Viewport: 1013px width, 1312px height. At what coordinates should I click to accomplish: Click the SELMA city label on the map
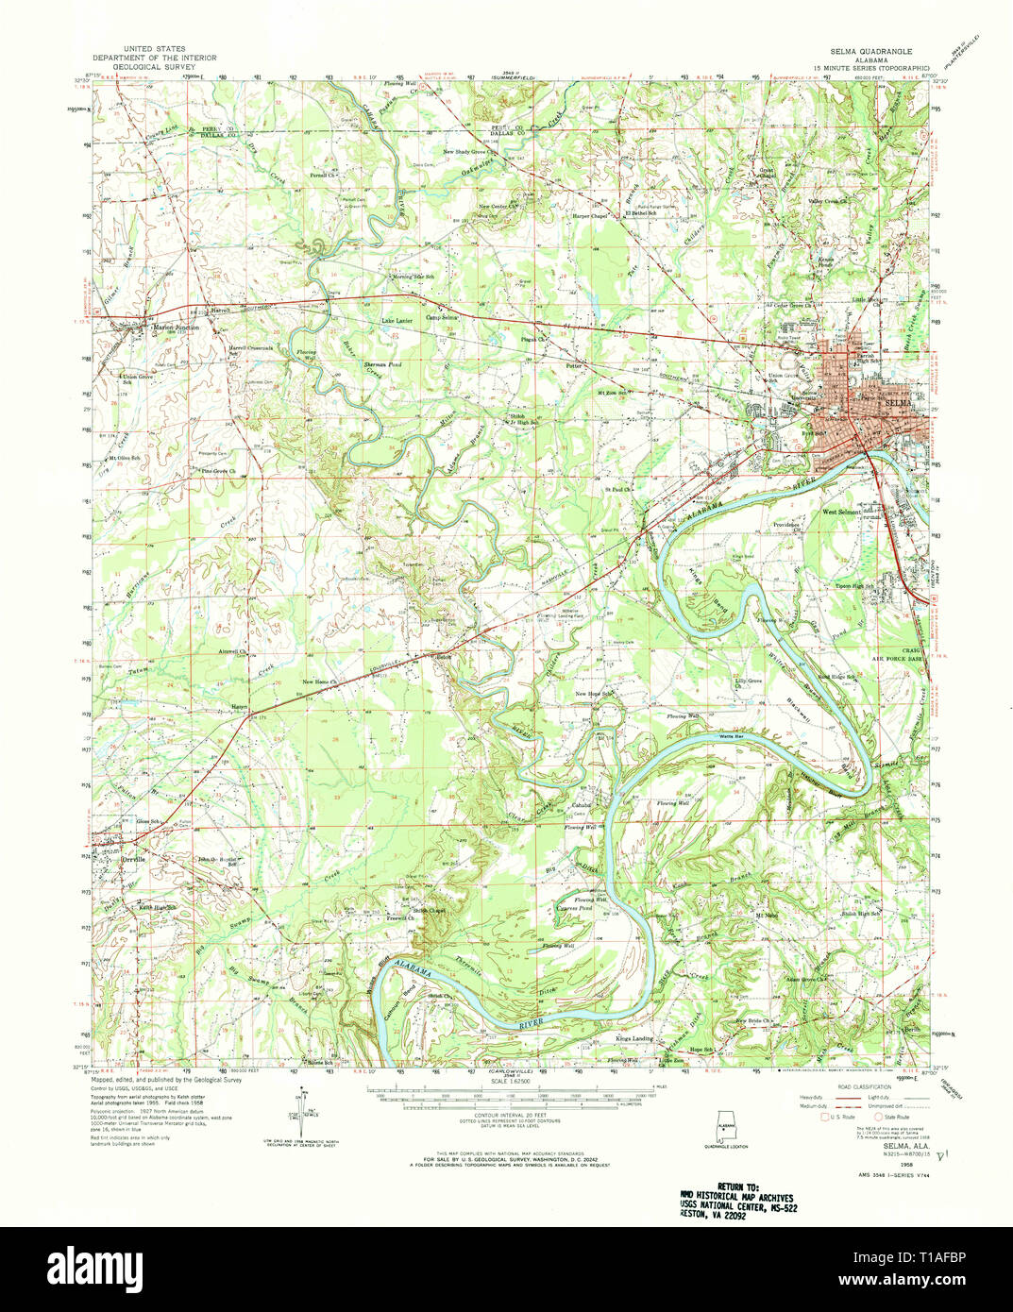click(x=901, y=403)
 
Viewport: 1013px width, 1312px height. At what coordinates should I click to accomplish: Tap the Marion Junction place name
click(x=176, y=328)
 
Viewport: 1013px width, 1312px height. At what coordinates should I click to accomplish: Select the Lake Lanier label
click(x=397, y=322)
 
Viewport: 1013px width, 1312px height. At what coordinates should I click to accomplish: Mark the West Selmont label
click(x=842, y=513)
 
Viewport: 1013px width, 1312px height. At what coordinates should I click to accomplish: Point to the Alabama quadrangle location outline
click(x=727, y=1127)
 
